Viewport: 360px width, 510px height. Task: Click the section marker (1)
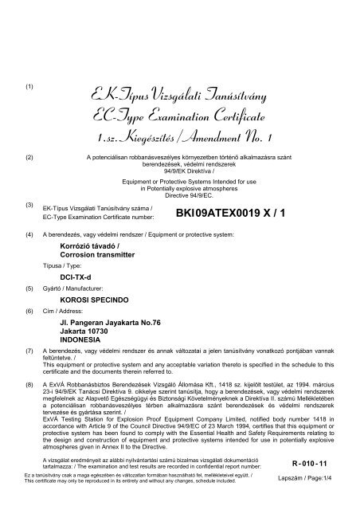[x=29, y=85]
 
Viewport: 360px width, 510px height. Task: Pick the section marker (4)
[x=29, y=237]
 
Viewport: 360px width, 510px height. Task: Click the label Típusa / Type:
[x=61, y=263]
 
